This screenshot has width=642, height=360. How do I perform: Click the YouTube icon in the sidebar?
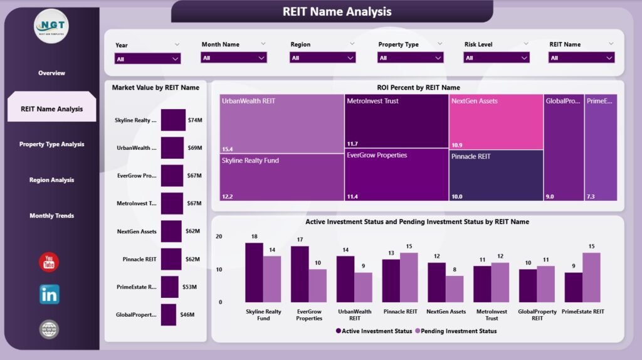tap(50, 262)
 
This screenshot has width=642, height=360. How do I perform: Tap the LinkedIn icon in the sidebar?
tap(50, 294)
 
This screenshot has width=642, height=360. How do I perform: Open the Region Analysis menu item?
tap(51, 180)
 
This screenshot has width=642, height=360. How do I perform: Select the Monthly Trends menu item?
tap(51, 216)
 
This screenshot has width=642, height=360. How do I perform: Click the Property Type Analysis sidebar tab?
tap(51, 144)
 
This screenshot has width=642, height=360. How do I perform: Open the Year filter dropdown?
tap(147, 58)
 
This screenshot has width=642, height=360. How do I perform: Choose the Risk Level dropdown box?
tap(497, 58)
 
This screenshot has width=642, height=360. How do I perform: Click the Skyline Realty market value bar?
tap(173, 120)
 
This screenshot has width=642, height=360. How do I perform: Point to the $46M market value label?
tap(187, 315)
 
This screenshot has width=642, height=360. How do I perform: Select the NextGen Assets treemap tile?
tap(496, 122)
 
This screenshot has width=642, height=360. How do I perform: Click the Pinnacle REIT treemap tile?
tap(496, 176)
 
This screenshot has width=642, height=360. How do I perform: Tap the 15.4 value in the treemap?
tap(228, 149)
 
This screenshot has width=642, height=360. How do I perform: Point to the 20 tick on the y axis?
tap(219, 236)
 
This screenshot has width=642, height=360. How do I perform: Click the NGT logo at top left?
tap(51, 27)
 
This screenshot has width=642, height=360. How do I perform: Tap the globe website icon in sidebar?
tap(50, 329)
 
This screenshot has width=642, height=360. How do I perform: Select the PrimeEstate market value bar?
tap(169, 287)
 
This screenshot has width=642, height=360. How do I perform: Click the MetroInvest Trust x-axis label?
tap(491, 315)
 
